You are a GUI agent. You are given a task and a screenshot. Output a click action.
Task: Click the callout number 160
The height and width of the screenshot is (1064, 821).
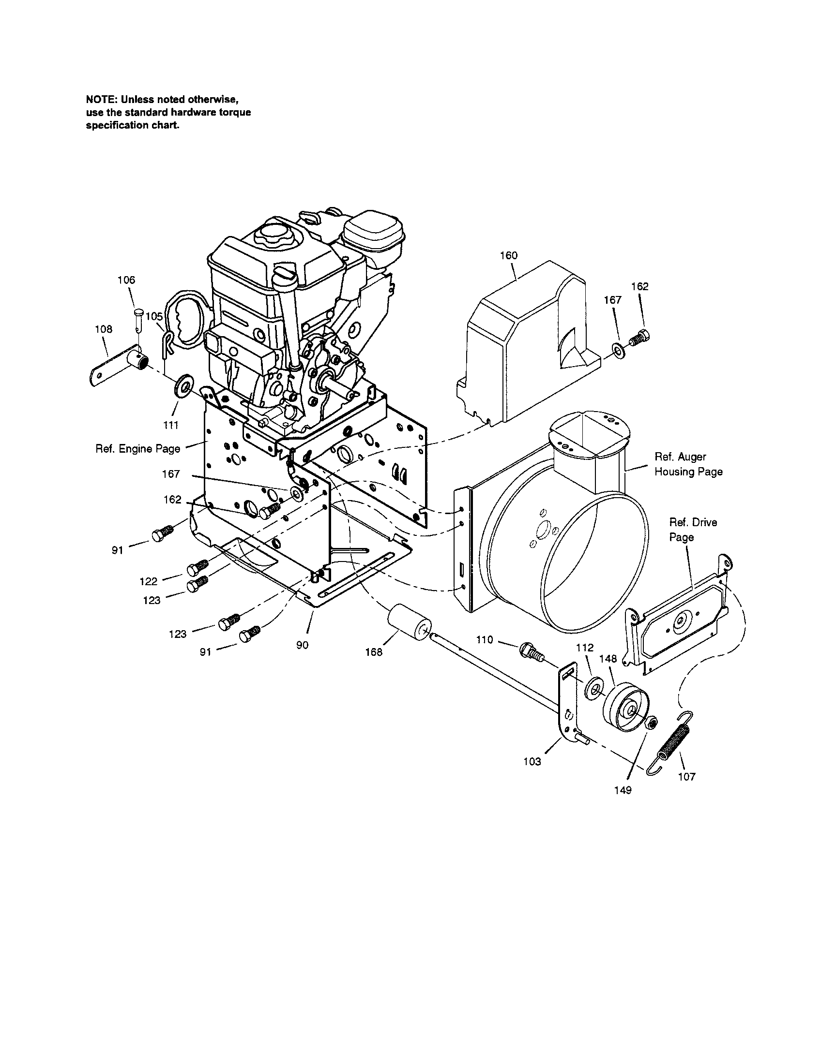509,255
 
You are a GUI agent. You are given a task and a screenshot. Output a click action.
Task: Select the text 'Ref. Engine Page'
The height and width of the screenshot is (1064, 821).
138,449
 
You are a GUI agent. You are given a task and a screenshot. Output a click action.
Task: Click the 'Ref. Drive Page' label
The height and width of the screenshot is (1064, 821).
693,530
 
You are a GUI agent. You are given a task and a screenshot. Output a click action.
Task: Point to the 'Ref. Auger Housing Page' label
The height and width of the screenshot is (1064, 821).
688,464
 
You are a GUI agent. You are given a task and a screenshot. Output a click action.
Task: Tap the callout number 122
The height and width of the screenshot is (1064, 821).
149,581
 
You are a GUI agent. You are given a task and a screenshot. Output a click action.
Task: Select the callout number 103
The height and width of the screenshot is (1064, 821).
532,761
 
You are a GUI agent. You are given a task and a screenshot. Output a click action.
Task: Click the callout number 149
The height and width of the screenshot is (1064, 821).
623,790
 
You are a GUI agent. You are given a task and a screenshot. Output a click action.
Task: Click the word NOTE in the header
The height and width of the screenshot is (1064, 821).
101,100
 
